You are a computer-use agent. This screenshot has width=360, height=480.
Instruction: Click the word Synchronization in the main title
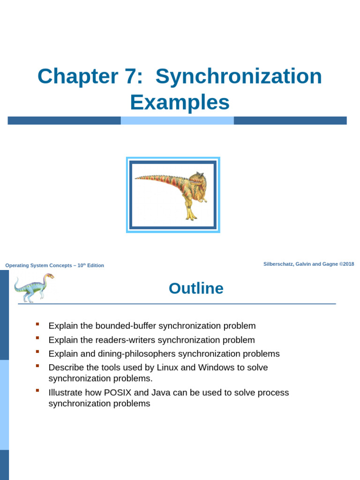coord(239,76)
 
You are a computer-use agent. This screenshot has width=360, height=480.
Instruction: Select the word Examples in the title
coord(180,102)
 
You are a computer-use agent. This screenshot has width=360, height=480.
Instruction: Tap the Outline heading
coord(196,288)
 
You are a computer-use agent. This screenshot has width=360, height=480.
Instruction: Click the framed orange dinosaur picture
coord(173,195)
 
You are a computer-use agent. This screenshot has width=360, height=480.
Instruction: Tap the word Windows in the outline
coord(216,367)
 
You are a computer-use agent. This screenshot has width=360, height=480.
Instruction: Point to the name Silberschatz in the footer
coord(279,264)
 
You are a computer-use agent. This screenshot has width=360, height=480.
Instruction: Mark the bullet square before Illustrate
coord(37,390)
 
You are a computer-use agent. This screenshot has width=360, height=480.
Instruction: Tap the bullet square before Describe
coord(37,366)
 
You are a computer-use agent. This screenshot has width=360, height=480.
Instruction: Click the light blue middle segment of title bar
coord(177,120)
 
